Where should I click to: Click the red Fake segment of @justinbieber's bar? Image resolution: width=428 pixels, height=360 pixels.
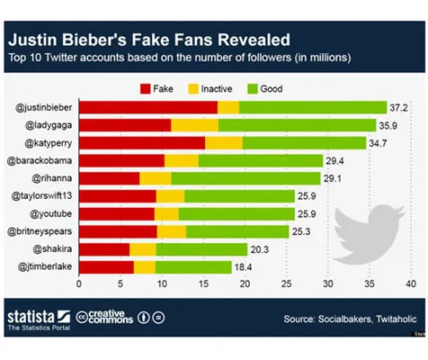(147, 107)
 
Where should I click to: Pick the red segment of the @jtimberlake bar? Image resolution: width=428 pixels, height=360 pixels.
(106, 266)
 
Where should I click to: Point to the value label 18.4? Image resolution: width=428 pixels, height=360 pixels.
(244, 266)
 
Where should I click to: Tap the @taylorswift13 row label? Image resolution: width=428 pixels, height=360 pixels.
(39, 195)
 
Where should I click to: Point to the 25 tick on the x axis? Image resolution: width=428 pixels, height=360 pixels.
(287, 284)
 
